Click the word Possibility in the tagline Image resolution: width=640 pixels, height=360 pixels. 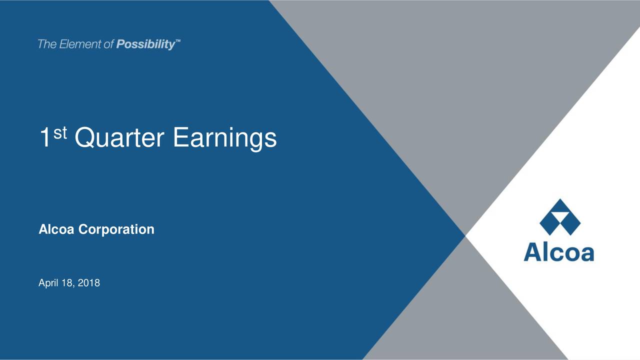click(145, 45)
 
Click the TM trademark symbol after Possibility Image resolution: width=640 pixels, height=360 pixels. click(178, 42)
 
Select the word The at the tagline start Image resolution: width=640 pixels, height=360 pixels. click(47, 44)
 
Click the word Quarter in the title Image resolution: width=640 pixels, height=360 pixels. click(119, 138)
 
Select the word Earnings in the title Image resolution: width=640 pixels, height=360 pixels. click(224, 138)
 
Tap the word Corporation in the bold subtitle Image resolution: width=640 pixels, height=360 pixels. click(116, 229)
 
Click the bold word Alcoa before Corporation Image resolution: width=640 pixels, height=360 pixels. click(57, 229)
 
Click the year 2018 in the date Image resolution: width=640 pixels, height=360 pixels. click(90, 283)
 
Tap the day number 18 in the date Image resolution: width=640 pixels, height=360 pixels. click(66, 283)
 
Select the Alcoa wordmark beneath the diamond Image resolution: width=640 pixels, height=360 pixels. click(559, 252)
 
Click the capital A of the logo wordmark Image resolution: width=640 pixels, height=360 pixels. click(532, 252)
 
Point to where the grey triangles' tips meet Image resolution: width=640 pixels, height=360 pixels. click(465, 235)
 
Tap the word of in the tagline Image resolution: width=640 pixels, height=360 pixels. click(109, 44)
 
